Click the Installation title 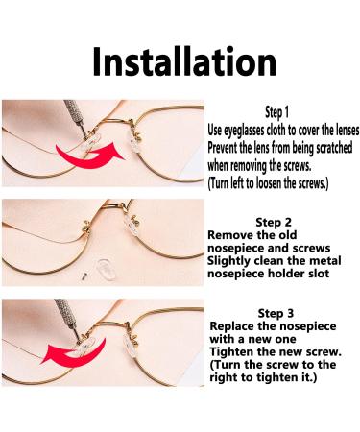184,61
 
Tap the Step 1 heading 276,112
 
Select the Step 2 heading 274,222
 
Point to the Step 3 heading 276,313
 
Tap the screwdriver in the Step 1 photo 76,117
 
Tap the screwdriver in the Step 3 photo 67,318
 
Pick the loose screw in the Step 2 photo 84,275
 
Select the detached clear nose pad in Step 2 107,270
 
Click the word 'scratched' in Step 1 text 334,148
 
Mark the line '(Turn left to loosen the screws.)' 268,183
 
